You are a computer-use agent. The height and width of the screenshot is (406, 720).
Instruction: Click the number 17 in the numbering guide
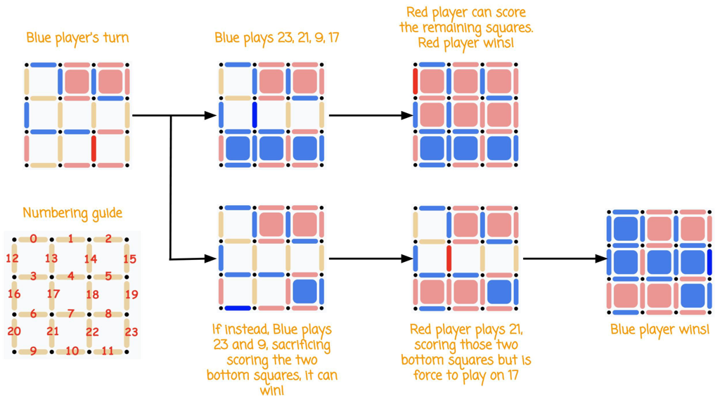[x=53, y=294]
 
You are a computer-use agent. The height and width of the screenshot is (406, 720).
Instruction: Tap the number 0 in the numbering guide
[x=34, y=239]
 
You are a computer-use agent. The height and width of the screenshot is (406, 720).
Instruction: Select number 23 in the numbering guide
[x=131, y=332]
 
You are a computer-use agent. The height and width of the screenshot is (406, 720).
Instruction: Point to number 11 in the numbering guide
[x=108, y=351]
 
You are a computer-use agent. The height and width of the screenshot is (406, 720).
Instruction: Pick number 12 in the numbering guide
[x=11, y=258]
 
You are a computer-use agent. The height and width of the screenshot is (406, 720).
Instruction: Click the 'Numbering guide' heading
[x=72, y=213]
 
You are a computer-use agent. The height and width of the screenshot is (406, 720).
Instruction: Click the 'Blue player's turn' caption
[x=77, y=38]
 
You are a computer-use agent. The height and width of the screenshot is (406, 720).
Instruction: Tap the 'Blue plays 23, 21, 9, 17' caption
[x=277, y=38]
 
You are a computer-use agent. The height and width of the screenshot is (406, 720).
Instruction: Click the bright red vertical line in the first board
[x=94, y=149]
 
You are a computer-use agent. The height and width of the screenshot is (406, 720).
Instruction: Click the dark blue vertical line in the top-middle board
[x=255, y=115]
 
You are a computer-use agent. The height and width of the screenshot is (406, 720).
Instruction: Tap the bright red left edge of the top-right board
[x=416, y=81]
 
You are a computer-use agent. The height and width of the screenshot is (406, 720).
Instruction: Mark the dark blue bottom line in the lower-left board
[x=238, y=308]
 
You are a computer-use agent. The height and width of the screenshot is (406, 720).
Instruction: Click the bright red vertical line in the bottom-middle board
[x=449, y=258]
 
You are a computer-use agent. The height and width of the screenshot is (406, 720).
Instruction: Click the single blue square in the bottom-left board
[x=304, y=292]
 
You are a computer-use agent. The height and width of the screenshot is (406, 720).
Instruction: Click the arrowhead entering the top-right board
[x=407, y=115]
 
